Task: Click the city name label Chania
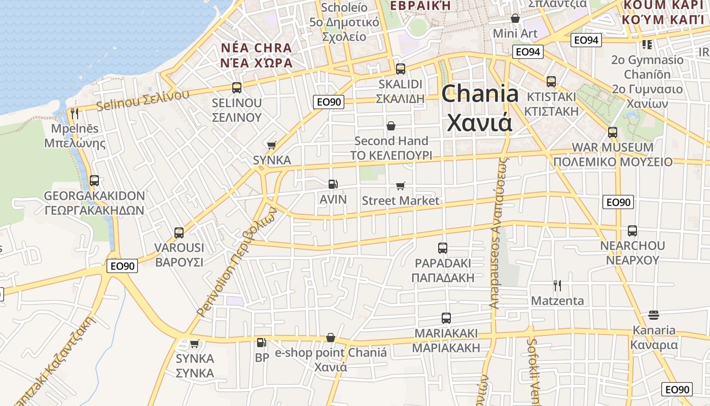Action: pyautogui.click(x=480, y=94)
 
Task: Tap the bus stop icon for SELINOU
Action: pyautogui.click(x=236, y=87)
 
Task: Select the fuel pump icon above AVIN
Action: pyautogui.click(x=333, y=184)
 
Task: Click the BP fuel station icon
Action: pyautogui.click(x=261, y=343)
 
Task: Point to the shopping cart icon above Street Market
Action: pyautogui.click(x=400, y=186)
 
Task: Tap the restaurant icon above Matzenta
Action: pyautogui.click(x=557, y=286)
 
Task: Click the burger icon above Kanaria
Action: pyautogui.click(x=653, y=315)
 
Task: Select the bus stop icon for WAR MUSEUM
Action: pyautogui.click(x=612, y=132)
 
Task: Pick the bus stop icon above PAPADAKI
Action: pyautogui.click(x=442, y=248)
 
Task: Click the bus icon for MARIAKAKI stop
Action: pyautogui.click(x=446, y=318)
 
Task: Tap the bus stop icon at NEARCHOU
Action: pyautogui.click(x=632, y=231)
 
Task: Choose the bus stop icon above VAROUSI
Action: pyautogui.click(x=179, y=233)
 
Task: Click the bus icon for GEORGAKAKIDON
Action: pyautogui.click(x=94, y=181)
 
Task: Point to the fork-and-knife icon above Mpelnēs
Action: pyautogui.click(x=75, y=114)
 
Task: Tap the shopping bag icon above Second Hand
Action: pyautogui.click(x=391, y=125)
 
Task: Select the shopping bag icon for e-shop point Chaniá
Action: pyautogui.click(x=331, y=337)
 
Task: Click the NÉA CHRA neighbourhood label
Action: pyautogui.click(x=257, y=48)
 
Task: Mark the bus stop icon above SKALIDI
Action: pyautogui.click(x=400, y=69)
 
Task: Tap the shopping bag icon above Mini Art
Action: pyautogui.click(x=515, y=19)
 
